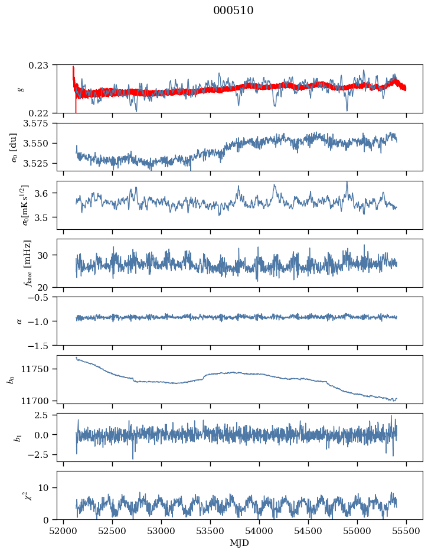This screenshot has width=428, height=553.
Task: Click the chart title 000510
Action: click(233, 11)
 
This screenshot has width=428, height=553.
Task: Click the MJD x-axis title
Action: click(239, 543)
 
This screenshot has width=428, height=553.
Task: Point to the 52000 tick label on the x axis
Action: click(64, 531)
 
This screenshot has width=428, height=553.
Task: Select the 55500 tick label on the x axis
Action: click(406, 531)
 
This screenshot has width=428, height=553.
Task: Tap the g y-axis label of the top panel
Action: click(21, 89)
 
